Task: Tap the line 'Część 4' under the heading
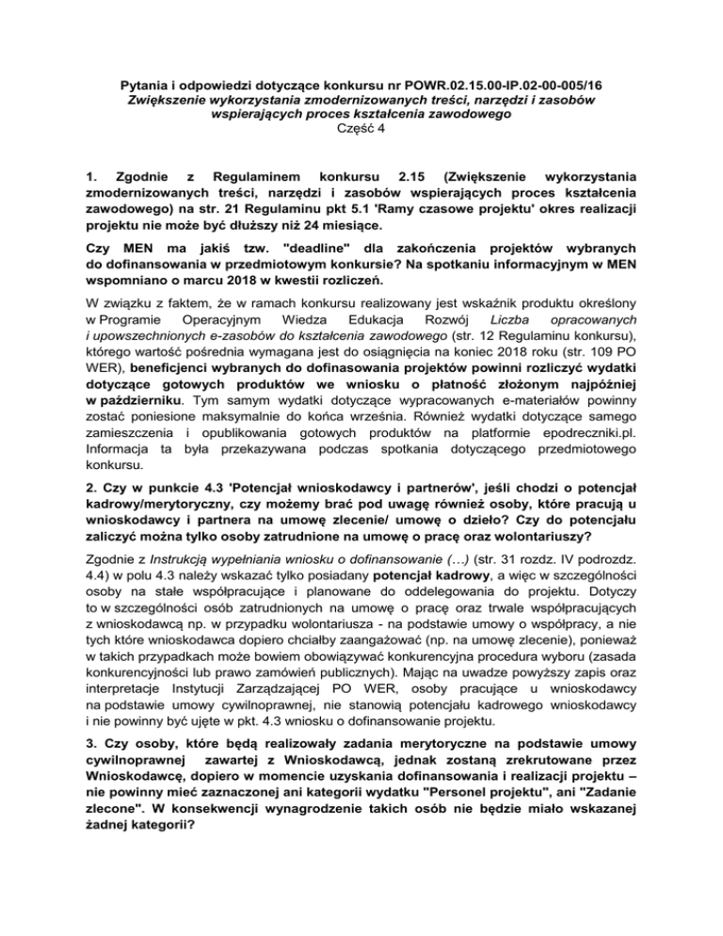click(x=362, y=130)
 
